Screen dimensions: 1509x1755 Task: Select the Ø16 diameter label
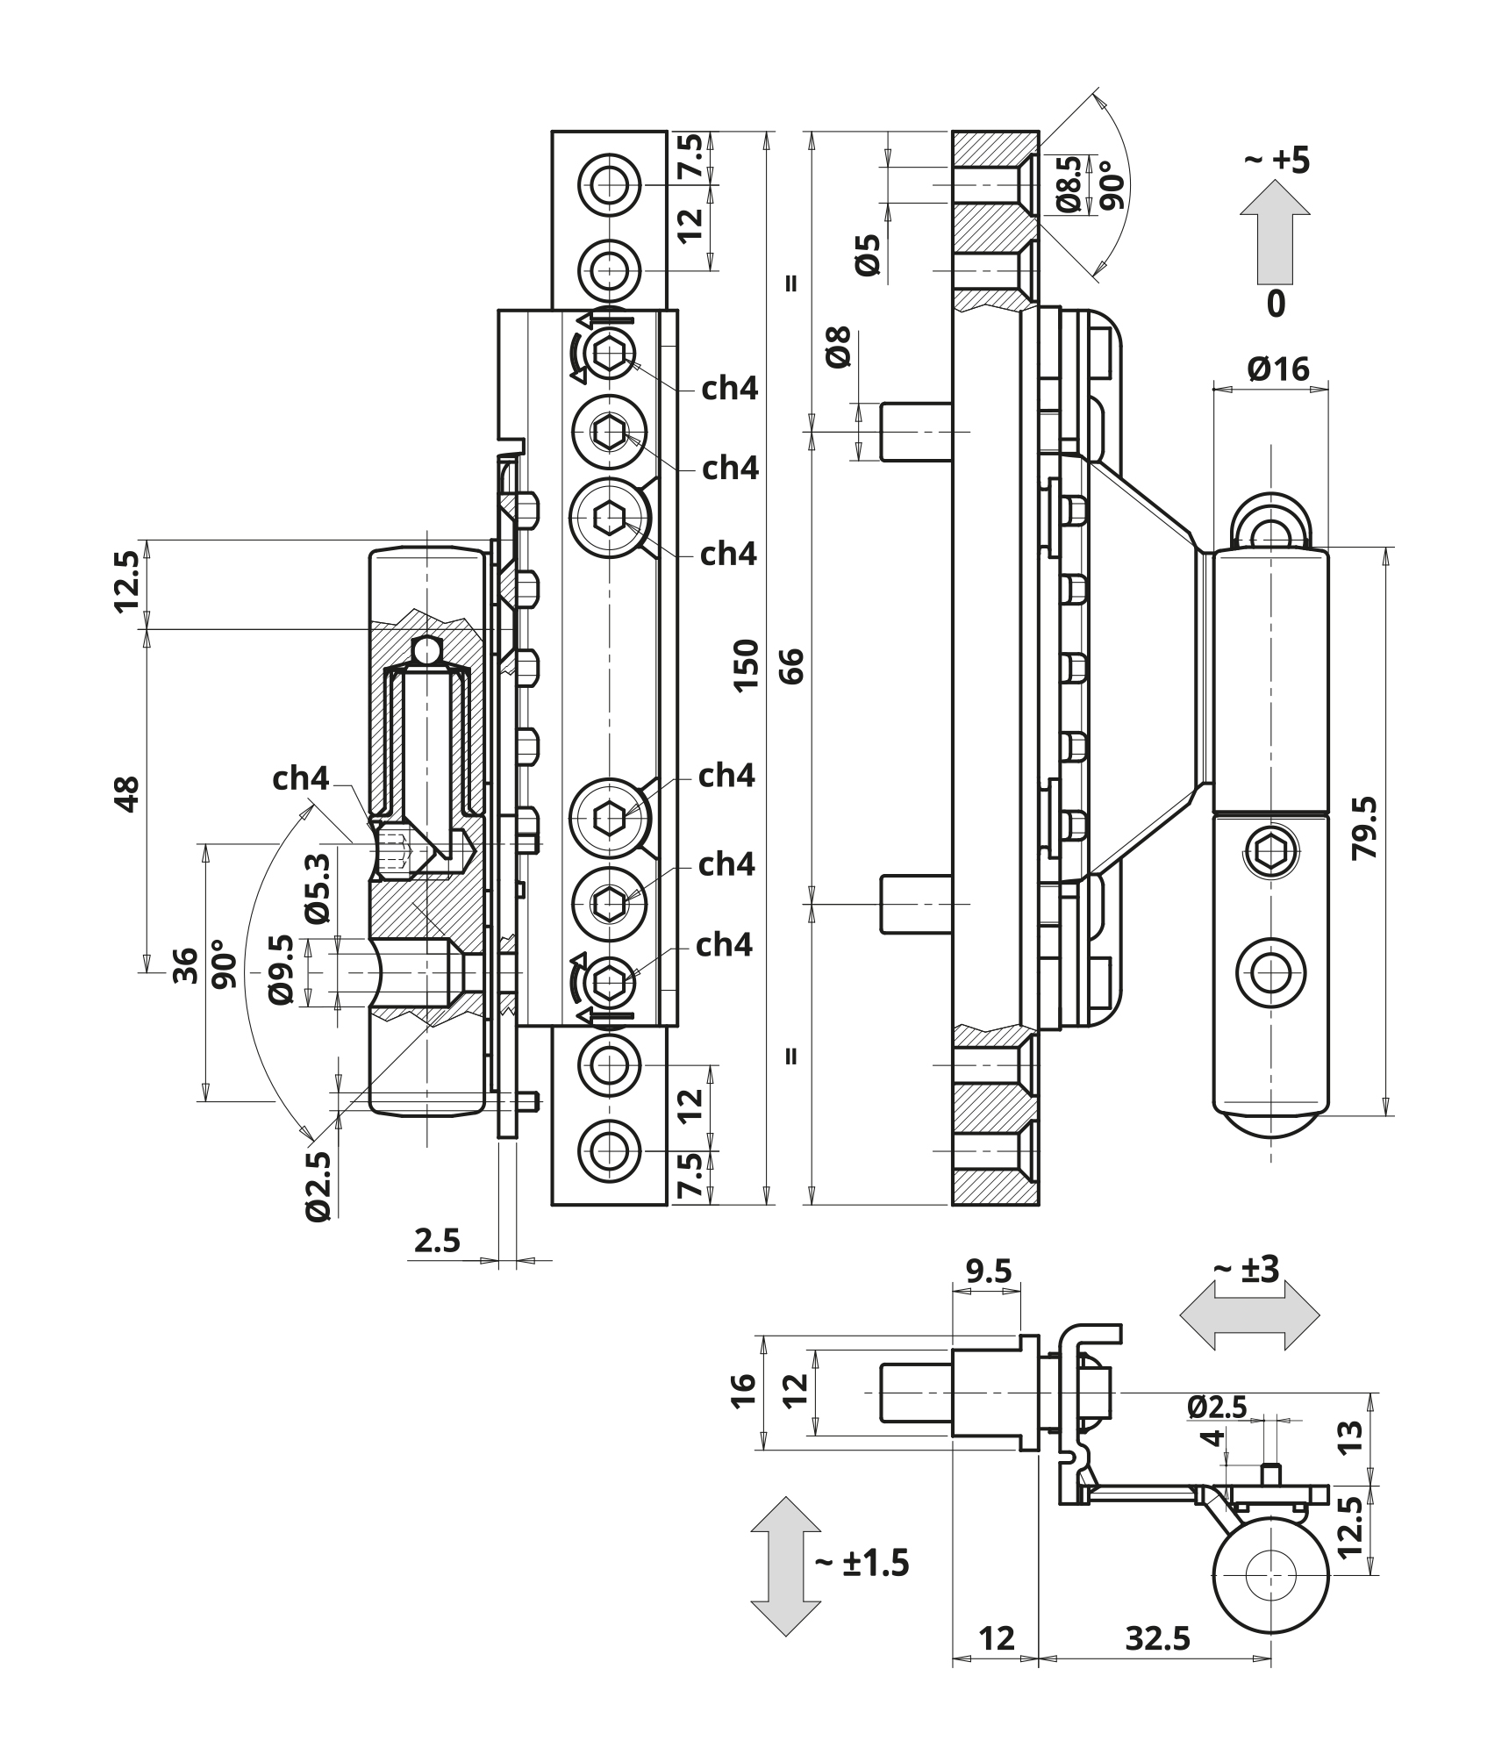1277,369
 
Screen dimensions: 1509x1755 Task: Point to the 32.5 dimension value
1158,1637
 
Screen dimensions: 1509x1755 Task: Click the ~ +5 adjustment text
1277,161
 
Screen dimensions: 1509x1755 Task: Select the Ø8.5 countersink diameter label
1069,185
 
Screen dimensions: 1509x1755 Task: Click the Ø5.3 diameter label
318,888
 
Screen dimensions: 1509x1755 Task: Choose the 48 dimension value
128,793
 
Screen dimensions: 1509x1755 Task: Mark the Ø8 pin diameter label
840,347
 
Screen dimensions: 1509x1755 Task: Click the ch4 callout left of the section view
300,778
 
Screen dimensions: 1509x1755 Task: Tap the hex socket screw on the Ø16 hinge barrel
1270,851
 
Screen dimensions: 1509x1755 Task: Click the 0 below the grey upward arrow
1277,304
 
